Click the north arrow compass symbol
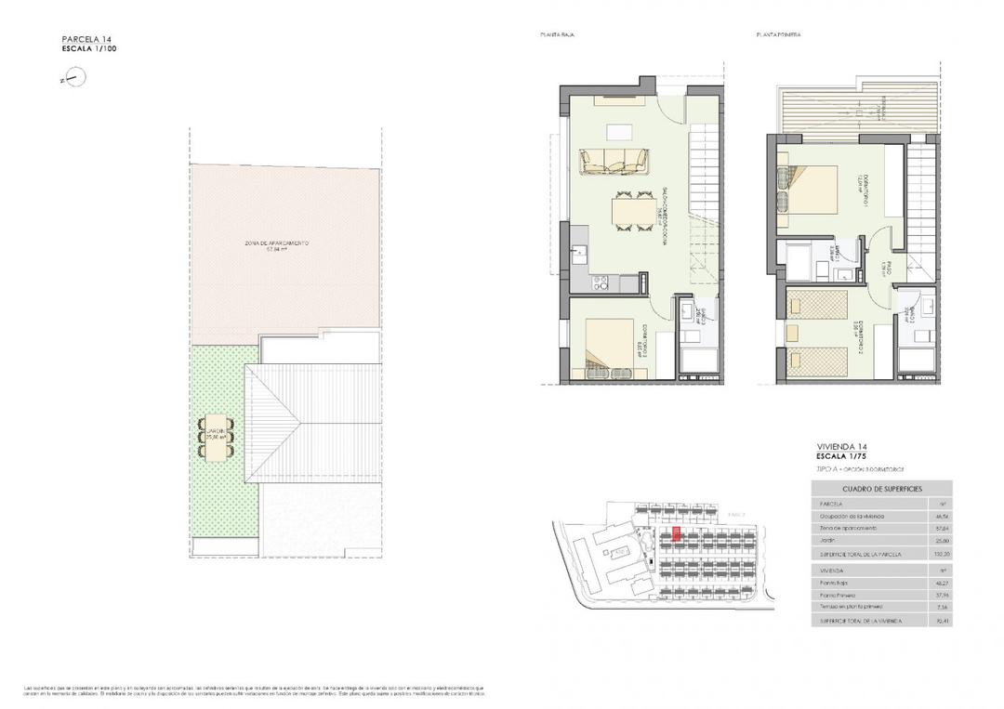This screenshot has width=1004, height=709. [x=71, y=81]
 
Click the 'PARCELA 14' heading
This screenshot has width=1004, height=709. [x=86, y=39]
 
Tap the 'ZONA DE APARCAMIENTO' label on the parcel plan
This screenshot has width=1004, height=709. [x=276, y=243]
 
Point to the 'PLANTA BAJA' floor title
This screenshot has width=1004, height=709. [x=555, y=34]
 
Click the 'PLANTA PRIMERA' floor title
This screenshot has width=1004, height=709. [x=778, y=34]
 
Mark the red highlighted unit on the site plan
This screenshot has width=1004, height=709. [x=676, y=533]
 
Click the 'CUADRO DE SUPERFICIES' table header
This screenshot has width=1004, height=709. [x=881, y=488]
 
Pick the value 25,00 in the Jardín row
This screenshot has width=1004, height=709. [x=941, y=541]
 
